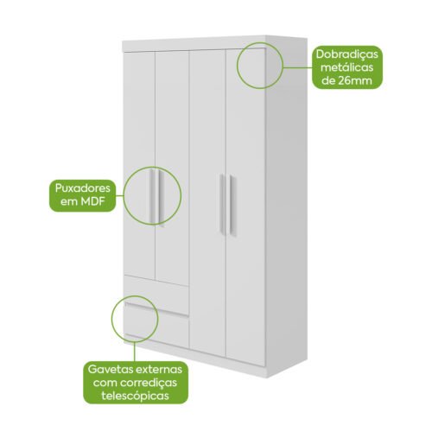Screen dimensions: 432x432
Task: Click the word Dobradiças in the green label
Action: [x=347, y=55]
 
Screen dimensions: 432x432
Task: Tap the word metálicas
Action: [x=347, y=67]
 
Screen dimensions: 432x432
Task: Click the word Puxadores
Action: [x=83, y=188]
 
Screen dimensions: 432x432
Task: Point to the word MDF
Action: [x=92, y=201]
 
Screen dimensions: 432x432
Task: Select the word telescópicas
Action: [x=136, y=397]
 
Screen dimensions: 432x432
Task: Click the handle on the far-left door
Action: [x=151, y=196]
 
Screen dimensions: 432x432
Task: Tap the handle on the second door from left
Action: [x=161, y=198]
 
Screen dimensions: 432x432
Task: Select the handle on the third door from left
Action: [x=222, y=204]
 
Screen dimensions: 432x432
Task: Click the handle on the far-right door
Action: [x=232, y=206]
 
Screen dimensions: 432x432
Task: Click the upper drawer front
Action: [x=156, y=294]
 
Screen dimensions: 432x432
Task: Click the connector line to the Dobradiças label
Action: [x=298, y=67]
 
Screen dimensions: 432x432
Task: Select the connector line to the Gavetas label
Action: [x=135, y=352]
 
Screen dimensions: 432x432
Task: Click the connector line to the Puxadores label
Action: [x=120, y=196]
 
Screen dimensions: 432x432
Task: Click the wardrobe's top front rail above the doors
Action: [x=194, y=44]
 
